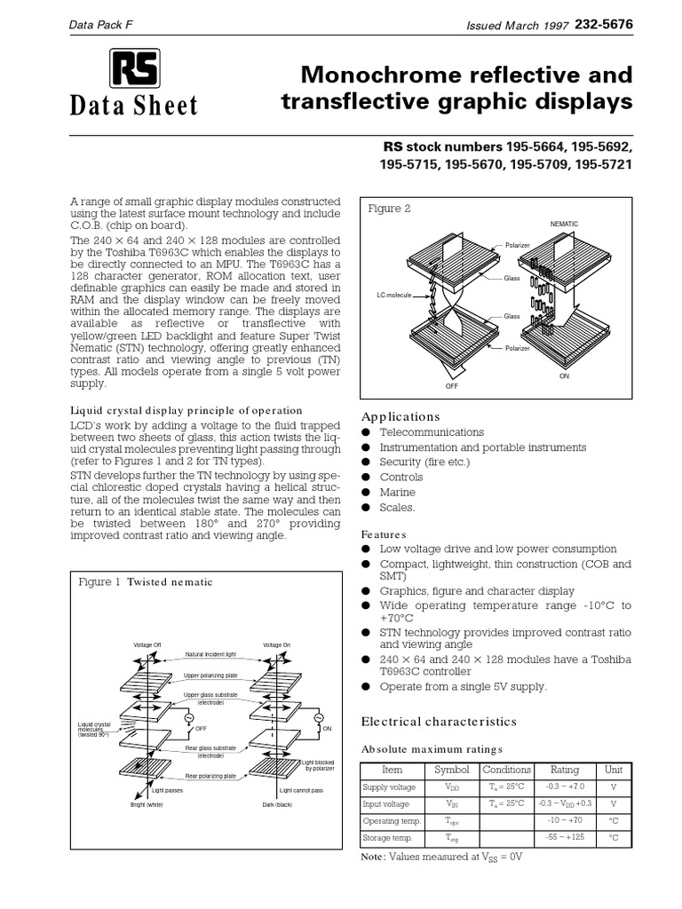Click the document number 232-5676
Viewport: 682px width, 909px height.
coord(603,26)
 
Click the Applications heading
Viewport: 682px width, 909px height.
coord(400,416)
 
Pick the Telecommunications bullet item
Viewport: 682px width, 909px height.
coord(432,432)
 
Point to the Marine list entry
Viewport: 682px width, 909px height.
coord(397,492)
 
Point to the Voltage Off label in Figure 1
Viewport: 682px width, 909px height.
coord(147,644)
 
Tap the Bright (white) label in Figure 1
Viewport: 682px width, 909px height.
coord(147,804)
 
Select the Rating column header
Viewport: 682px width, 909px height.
coord(564,770)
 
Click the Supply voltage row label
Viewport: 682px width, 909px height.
coord(389,787)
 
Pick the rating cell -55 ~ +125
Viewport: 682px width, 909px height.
coord(564,837)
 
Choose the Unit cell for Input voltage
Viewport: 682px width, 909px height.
coord(613,804)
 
